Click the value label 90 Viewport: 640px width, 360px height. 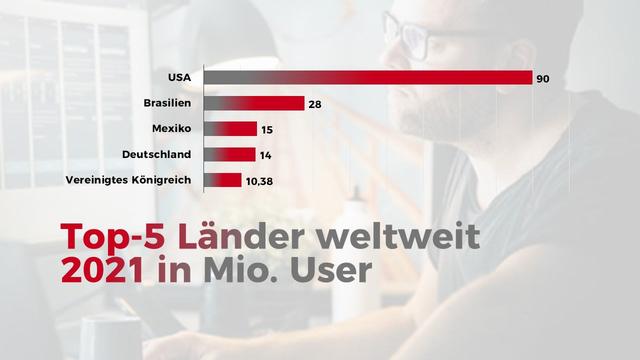point(544,78)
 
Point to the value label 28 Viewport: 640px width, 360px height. point(316,104)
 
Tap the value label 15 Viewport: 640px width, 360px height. point(267,130)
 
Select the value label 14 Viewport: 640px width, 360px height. point(265,155)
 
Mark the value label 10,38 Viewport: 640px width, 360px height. point(259,181)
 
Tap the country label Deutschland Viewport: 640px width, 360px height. point(158,154)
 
